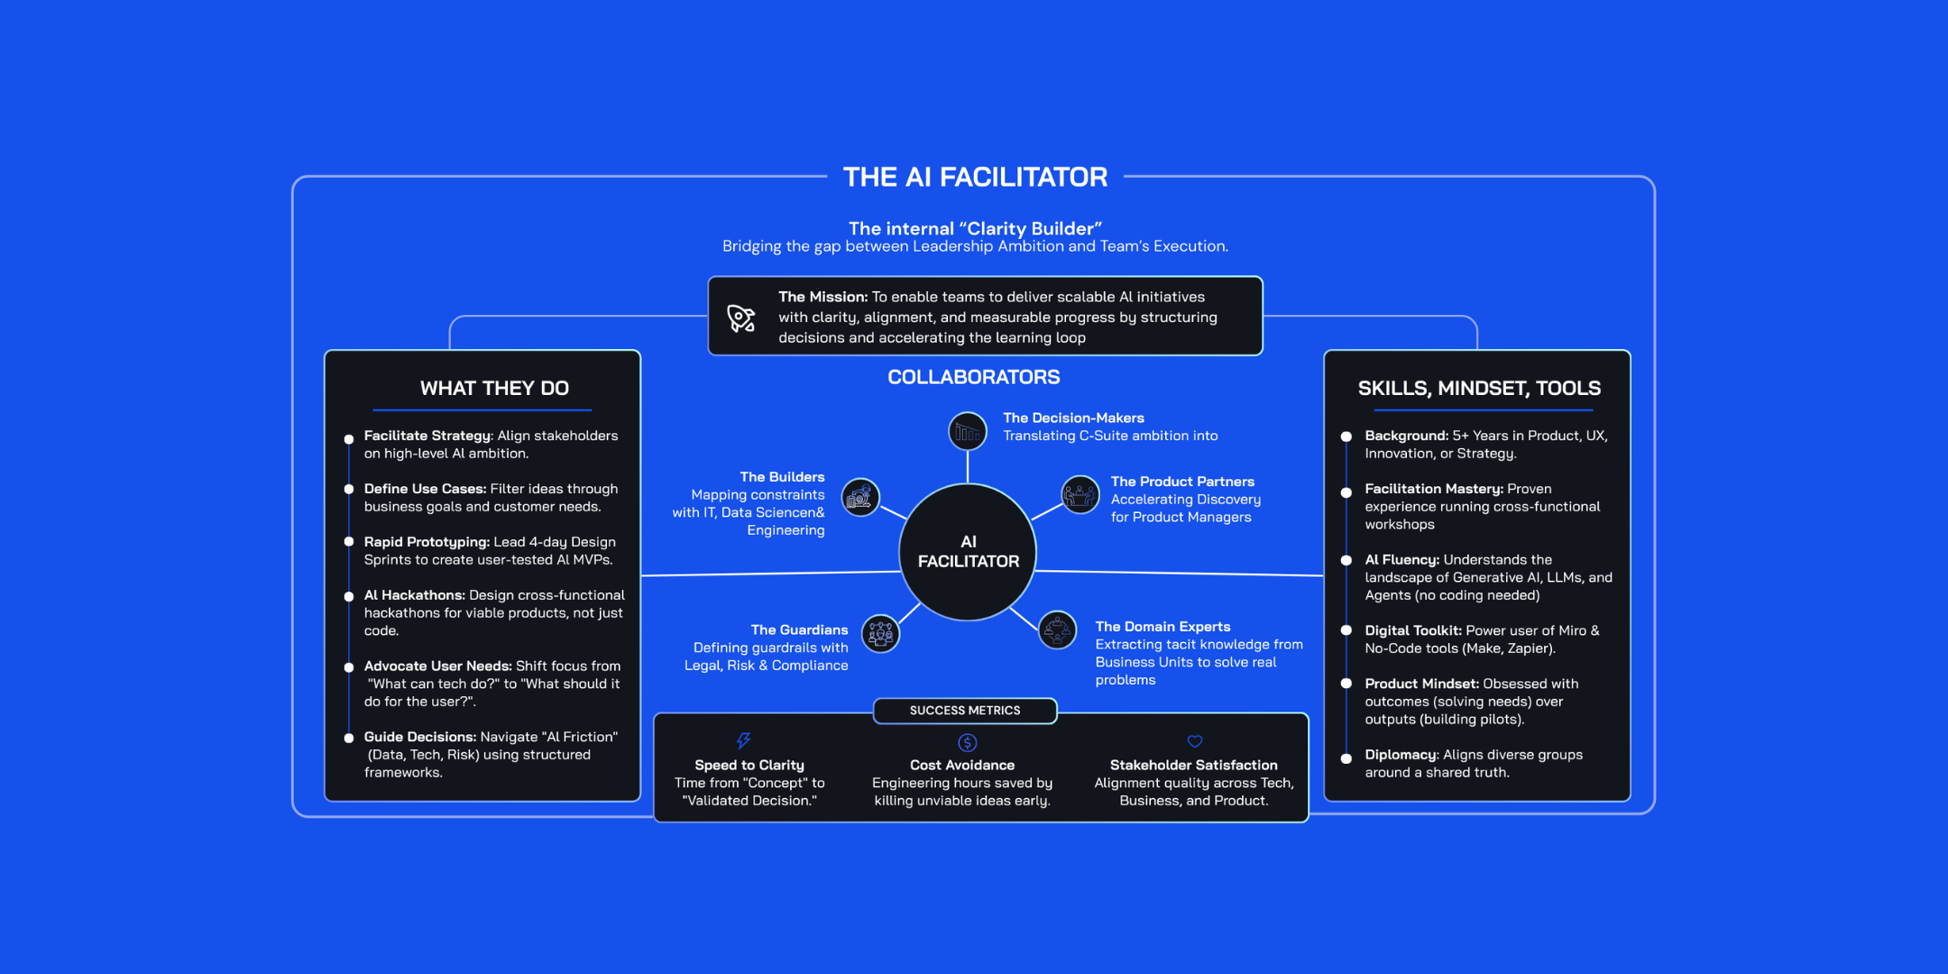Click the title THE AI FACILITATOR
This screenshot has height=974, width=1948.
975,177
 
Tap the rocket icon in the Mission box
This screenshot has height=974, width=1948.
741,318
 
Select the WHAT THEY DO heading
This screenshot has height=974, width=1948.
494,388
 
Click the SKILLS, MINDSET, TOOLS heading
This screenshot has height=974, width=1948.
1479,388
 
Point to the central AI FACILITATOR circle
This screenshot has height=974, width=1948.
968,552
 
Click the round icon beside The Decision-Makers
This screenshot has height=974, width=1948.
968,431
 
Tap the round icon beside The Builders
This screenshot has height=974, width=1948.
860,497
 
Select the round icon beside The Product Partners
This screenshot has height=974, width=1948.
1080,494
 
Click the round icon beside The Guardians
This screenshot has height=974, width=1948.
880,633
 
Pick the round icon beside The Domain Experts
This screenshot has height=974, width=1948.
1057,629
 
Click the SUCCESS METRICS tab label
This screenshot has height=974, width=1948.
965,711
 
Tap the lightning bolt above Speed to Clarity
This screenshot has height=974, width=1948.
743,741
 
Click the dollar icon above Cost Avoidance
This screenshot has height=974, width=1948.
967,742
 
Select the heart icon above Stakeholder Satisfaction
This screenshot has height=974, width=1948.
1195,741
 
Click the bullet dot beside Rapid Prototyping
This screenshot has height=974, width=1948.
349,542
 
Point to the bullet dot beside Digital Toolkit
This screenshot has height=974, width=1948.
1346,630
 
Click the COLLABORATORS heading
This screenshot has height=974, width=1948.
973,377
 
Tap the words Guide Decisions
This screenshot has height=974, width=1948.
419,737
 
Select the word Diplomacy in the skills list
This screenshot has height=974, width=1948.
1401,755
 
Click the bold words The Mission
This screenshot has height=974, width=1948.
822,297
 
